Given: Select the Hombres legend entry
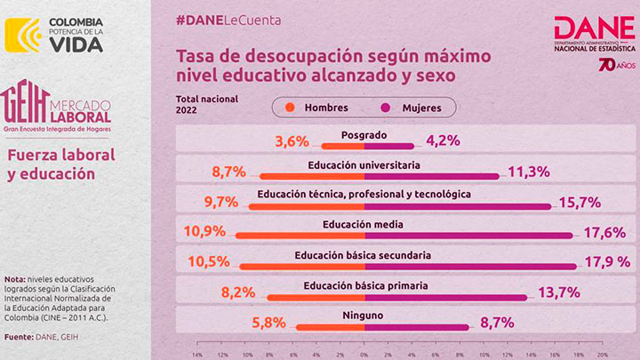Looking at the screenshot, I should pyautogui.click(x=317, y=108).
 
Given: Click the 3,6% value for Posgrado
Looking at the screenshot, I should pyautogui.click(x=292, y=140).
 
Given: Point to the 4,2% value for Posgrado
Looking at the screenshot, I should pyautogui.click(x=443, y=140).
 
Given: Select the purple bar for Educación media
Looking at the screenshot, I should pyautogui.click(x=468, y=236).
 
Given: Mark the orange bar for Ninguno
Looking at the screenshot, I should pyautogui.click(x=329, y=327).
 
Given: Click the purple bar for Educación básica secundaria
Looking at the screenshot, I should pyautogui.click(x=470, y=266).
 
